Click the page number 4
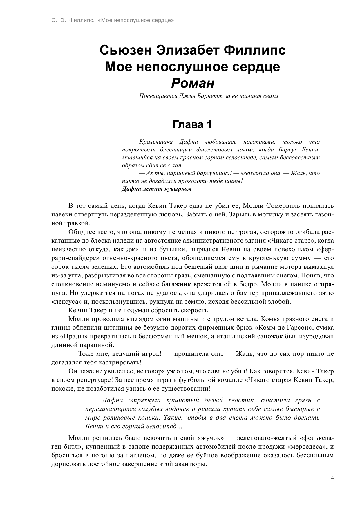pos(332,477)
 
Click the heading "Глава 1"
pos(192,124)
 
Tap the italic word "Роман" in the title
pos(193,84)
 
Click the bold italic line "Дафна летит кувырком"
pos(157,189)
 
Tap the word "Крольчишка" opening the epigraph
pos(156,142)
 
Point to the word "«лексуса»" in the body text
pos(65,302)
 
